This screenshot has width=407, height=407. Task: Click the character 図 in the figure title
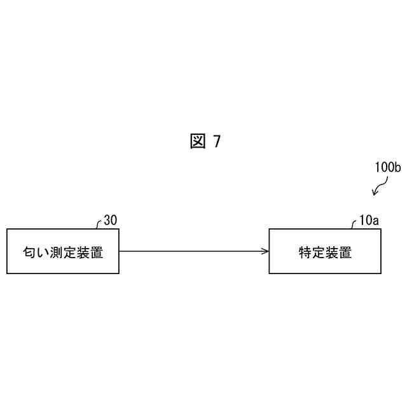[197, 142]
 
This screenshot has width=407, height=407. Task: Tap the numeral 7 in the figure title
[217, 142]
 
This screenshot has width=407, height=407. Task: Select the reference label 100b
[387, 168]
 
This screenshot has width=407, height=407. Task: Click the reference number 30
[110, 221]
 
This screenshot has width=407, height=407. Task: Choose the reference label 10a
[368, 221]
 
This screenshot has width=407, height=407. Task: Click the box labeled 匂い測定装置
[63, 251]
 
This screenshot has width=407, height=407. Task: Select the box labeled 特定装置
[325, 251]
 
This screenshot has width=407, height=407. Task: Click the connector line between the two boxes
[191, 251]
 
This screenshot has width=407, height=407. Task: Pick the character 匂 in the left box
[30, 252]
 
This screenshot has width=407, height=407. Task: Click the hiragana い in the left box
[43, 252]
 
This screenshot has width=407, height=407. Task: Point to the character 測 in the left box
[57, 252]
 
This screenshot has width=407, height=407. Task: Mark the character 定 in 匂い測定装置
[70, 252]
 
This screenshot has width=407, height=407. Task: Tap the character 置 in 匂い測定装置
[97, 252]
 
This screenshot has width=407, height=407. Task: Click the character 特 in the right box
[305, 252]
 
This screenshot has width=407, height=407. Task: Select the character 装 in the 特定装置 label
[332, 252]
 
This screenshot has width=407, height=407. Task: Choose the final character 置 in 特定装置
[345, 252]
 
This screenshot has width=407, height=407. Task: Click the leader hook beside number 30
[99, 223]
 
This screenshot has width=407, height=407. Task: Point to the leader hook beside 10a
[354, 223]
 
